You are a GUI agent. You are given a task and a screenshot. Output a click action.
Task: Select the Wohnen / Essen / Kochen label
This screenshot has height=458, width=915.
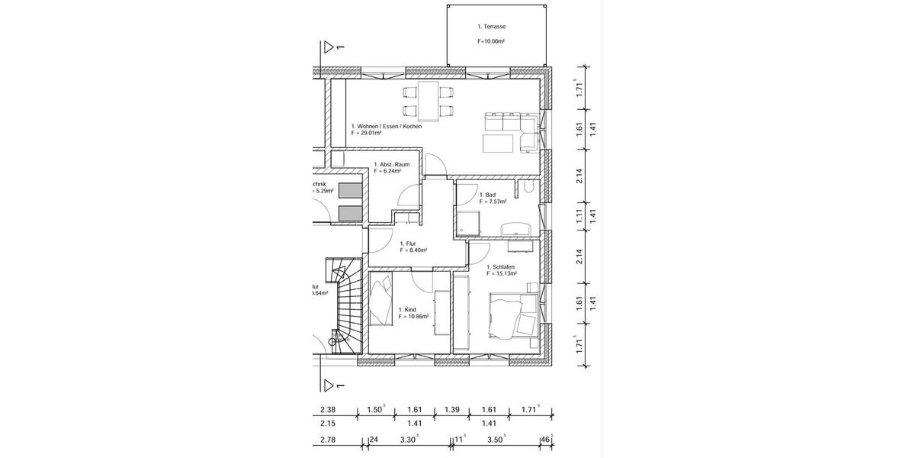386,126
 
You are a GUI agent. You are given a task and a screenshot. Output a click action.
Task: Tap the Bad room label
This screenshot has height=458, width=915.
486,195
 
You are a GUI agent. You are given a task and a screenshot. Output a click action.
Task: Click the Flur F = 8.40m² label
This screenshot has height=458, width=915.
413,247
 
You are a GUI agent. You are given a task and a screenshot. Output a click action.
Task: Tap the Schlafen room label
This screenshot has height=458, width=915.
501,267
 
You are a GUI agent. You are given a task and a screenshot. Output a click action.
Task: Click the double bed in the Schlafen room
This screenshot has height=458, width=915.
511,317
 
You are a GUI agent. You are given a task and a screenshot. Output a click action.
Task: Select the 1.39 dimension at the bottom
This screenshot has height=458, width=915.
453,409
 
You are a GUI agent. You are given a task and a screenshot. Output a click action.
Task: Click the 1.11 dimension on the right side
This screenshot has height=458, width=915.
579,215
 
